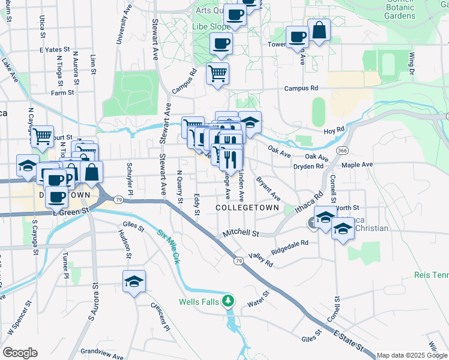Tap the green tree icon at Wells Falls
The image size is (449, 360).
click(228, 300)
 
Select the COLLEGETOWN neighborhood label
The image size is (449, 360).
click(247, 208)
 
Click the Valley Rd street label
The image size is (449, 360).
click(262, 260)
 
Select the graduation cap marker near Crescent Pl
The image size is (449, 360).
click(134, 281)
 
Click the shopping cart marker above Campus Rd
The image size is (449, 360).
click(217, 74)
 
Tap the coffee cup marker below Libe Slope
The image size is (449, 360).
click(221, 44)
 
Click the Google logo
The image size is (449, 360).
click(20, 353)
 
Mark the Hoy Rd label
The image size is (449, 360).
click(334, 129)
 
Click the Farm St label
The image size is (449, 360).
click(62, 93)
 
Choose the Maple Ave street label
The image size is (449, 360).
click(357, 164)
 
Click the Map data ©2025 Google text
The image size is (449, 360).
click(412, 355)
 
